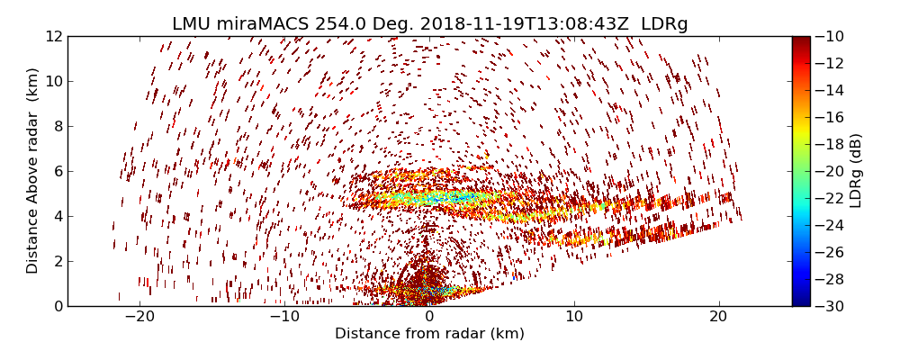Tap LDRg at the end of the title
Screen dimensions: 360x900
(x=664, y=24)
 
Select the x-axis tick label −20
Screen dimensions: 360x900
(x=139, y=318)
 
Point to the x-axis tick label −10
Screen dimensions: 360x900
(x=284, y=318)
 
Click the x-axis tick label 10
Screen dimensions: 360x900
(x=574, y=318)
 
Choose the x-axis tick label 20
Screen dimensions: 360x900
(x=718, y=318)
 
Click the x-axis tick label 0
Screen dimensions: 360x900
(x=429, y=318)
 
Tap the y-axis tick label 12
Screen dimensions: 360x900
(x=53, y=37)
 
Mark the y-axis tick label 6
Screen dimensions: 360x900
(x=57, y=171)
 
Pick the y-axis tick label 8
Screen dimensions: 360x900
(x=57, y=126)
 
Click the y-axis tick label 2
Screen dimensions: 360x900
(x=57, y=261)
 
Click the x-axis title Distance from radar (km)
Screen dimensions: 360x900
(x=429, y=334)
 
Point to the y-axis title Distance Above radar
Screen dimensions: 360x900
(x=33, y=171)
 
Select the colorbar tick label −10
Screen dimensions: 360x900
(x=832, y=37)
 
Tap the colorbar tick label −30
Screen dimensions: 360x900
(x=832, y=306)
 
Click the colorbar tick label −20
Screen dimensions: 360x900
(x=832, y=171)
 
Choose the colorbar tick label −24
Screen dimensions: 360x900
(x=832, y=225)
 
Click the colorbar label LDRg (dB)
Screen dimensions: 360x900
(x=856, y=171)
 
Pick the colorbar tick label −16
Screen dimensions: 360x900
(x=832, y=117)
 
